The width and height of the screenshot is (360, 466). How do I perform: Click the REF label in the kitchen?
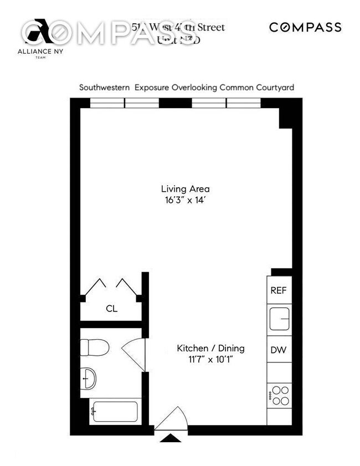click(x=278, y=290)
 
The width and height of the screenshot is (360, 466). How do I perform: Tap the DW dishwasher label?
click(x=278, y=350)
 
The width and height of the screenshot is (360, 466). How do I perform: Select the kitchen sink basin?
click(x=280, y=320)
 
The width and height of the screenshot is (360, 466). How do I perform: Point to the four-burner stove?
click(x=279, y=395)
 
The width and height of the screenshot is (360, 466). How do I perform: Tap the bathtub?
click(x=115, y=412)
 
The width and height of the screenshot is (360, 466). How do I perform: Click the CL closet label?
click(x=112, y=309)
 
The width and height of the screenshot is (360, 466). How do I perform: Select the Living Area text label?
click(x=186, y=188)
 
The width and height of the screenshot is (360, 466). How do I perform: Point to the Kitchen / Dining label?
click(x=210, y=349)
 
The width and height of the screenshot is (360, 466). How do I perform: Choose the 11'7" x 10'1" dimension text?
click(x=210, y=360)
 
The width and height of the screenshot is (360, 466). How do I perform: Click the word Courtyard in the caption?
click(x=274, y=88)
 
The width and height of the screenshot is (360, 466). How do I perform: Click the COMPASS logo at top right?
click(x=305, y=27)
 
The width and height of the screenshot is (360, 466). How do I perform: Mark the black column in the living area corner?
click(x=285, y=116)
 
